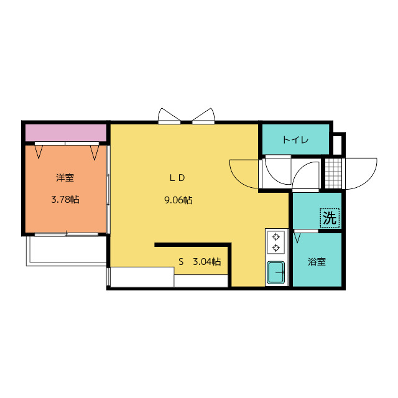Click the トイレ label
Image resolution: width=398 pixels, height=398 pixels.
coord(295,140)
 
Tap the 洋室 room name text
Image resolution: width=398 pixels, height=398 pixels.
coord(65,178)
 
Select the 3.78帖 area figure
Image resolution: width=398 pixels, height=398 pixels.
coord(65,200)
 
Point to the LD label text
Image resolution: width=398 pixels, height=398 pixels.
coord(177,178)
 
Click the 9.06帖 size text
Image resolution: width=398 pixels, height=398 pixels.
coord(178,200)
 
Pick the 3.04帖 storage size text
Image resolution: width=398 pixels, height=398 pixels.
coord(207,261)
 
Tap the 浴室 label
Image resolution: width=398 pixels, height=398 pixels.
coord(317,262)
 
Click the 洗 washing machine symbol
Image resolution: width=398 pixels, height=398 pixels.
coord(330,218)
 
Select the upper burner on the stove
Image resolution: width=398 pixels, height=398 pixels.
coord(275,237)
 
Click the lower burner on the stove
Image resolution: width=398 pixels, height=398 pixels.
coord(275,248)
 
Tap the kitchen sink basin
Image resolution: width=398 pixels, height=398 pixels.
coord(275,272)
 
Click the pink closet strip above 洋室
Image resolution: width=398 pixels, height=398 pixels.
coord(66,132)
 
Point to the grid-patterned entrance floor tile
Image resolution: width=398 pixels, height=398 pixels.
coord(333,174)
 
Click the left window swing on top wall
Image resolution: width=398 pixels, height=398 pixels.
coord(169,116)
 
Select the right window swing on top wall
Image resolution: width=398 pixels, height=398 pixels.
coord(203,116)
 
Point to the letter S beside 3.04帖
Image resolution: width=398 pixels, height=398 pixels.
coord(181,261)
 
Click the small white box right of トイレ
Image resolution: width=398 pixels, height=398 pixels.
coord(337,145)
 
